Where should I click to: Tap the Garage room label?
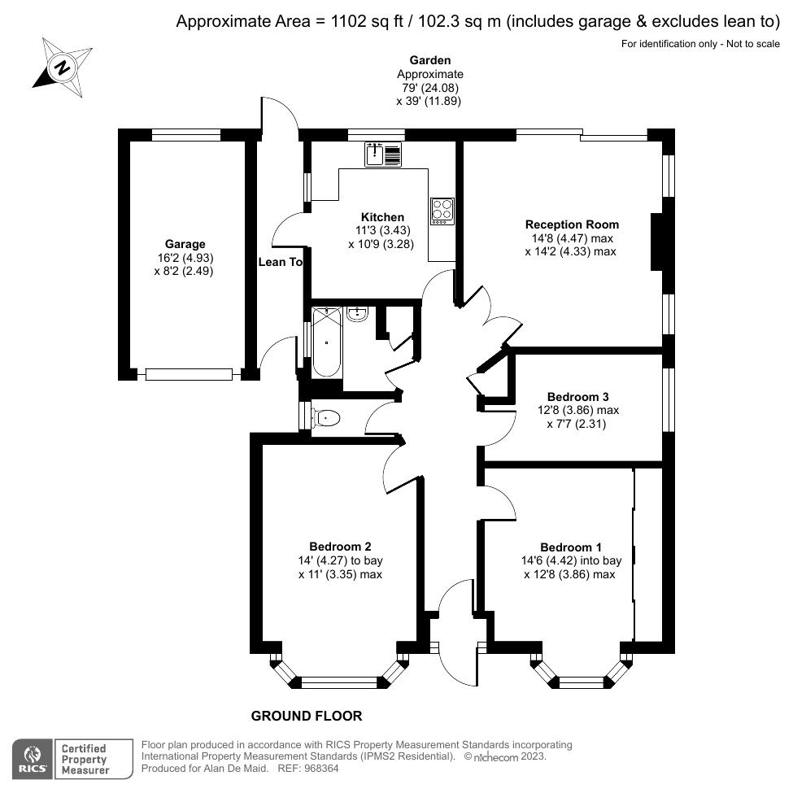(x=185, y=244)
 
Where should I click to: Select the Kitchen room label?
(x=382, y=217)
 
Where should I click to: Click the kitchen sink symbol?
(x=383, y=154)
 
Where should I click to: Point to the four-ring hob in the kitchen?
(x=442, y=210)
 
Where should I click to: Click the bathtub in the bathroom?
(x=326, y=342)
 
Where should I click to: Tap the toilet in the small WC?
(x=326, y=418)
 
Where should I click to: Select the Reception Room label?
(x=572, y=224)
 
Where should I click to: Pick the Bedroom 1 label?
(x=571, y=547)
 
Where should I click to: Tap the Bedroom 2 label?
(x=340, y=546)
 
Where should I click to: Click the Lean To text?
(x=280, y=262)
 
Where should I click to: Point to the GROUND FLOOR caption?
(x=306, y=716)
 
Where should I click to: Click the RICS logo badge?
(x=31, y=758)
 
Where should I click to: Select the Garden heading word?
(x=429, y=60)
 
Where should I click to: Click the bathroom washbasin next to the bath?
(x=358, y=313)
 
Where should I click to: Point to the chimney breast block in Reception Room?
(x=660, y=242)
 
